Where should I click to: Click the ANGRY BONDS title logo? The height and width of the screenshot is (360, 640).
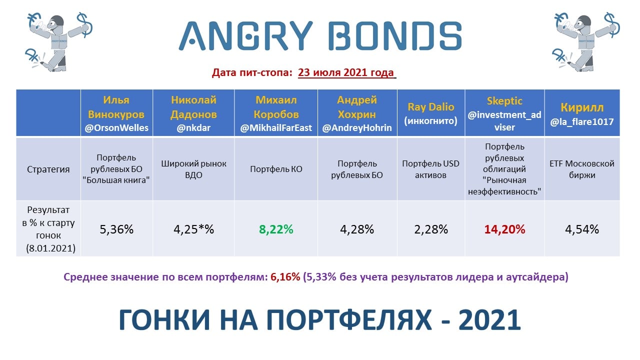320,36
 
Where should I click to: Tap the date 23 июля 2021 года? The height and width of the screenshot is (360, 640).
346,72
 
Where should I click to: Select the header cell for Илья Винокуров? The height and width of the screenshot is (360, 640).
116,113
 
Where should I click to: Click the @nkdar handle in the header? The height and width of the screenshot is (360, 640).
193,127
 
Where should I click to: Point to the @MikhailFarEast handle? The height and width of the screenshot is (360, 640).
276,127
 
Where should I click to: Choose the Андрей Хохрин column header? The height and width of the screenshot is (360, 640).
357,113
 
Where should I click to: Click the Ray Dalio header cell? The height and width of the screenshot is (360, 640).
431,113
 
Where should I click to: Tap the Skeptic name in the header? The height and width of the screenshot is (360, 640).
504,101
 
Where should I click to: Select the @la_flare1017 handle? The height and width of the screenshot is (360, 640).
582,122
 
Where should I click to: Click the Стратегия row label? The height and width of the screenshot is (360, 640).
48,169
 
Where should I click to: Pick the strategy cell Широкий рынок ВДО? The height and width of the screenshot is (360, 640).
193,169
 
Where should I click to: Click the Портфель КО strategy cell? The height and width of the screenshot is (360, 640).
276,169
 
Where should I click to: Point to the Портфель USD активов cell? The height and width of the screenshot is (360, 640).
431,169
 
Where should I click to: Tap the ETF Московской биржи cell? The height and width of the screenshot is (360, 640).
582,169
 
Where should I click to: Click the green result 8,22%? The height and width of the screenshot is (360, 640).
276,229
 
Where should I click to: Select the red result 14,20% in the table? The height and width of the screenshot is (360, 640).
504,229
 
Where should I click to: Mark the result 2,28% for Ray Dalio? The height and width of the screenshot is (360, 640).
431,229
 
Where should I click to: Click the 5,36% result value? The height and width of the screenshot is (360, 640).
116,229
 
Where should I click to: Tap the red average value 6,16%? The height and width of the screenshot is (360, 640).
285,277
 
